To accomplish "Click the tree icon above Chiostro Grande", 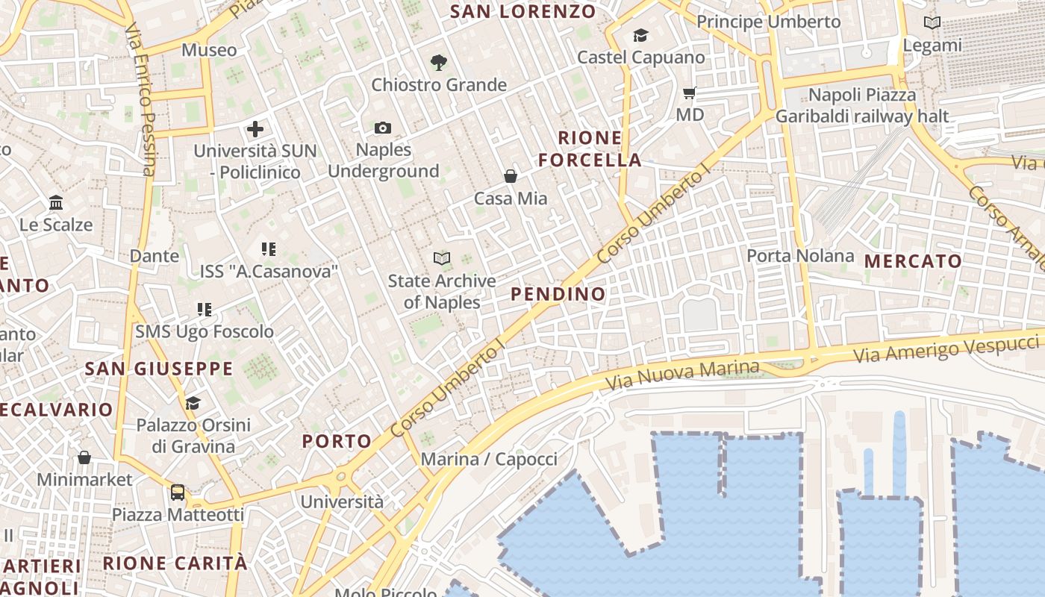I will [x=439, y=63].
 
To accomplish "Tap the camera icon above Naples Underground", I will [x=383, y=128].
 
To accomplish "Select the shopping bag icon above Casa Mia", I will [x=511, y=176].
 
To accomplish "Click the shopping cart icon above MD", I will [x=690, y=93].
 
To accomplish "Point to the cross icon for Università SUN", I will [x=255, y=129].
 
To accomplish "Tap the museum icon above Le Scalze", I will [x=56, y=202].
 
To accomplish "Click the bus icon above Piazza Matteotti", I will [x=178, y=493].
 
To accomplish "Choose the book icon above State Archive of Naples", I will [x=442, y=259].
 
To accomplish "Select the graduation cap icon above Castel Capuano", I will [x=640, y=35].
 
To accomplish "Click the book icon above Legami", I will [x=932, y=23].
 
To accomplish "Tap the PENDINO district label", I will [x=558, y=294].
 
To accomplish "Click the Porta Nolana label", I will [x=800, y=256].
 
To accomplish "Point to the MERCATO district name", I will [x=913, y=261].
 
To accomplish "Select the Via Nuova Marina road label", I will [x=682, y=375].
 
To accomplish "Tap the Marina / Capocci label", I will [x=489, y=459].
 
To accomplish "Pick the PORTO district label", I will [x=337, y=441].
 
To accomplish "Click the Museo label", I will [x=209, y=50].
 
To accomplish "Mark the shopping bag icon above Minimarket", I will [x=84, y=457].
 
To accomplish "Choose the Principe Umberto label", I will [x=768, y=22].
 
